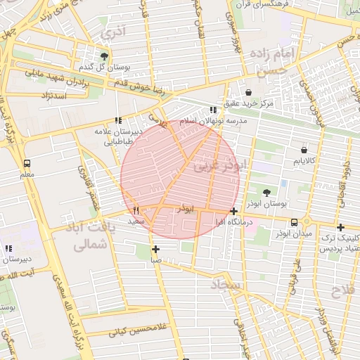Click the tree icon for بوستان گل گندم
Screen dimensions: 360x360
[105, 56]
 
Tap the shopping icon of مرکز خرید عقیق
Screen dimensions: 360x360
[248, 92]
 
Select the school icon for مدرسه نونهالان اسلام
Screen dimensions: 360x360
[213, 110]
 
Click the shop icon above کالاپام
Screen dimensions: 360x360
[304, 150]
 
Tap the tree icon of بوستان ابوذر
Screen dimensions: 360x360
[266, 192]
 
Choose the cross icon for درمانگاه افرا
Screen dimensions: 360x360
[233, 211]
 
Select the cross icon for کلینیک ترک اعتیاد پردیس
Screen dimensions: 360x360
[340, 227]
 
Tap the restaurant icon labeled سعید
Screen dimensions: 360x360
[136, 210]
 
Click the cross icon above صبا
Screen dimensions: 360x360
[155, 249]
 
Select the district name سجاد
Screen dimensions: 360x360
[226, 285]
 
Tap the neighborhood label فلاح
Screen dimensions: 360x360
[344, 290]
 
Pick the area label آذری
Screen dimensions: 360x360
[112, 32]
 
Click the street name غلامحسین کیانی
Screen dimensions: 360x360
[136, 329]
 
